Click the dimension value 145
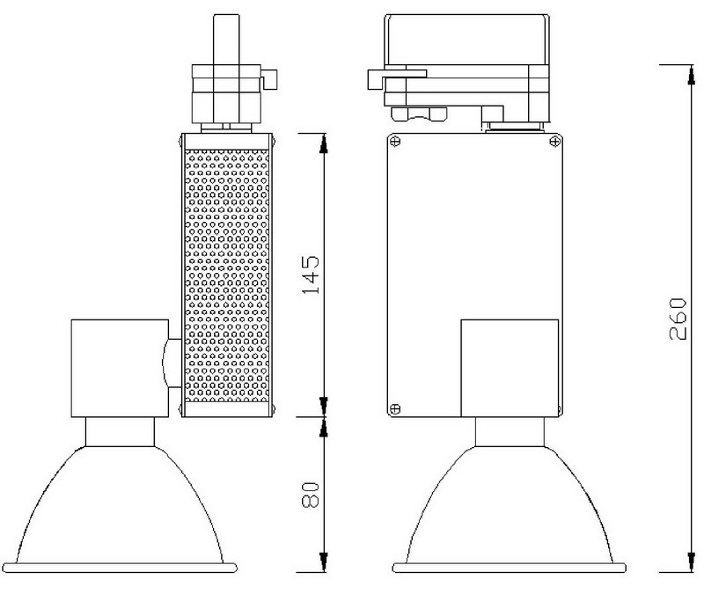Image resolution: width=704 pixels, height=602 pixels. point(311,275)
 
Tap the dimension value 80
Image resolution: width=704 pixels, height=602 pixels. point(311,495)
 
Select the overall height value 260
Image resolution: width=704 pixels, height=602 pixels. point(678,319)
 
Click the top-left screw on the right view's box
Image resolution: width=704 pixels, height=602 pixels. point(395,142)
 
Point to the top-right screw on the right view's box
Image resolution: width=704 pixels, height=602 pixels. point(555,142)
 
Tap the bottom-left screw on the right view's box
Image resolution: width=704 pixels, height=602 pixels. point(395,408)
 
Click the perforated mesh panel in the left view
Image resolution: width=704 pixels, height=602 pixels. point(227,275)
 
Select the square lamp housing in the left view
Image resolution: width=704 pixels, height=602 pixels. point(120,368)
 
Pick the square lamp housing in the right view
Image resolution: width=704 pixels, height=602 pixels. point(510,368)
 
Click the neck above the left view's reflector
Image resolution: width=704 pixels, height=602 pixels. point(120,432)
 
